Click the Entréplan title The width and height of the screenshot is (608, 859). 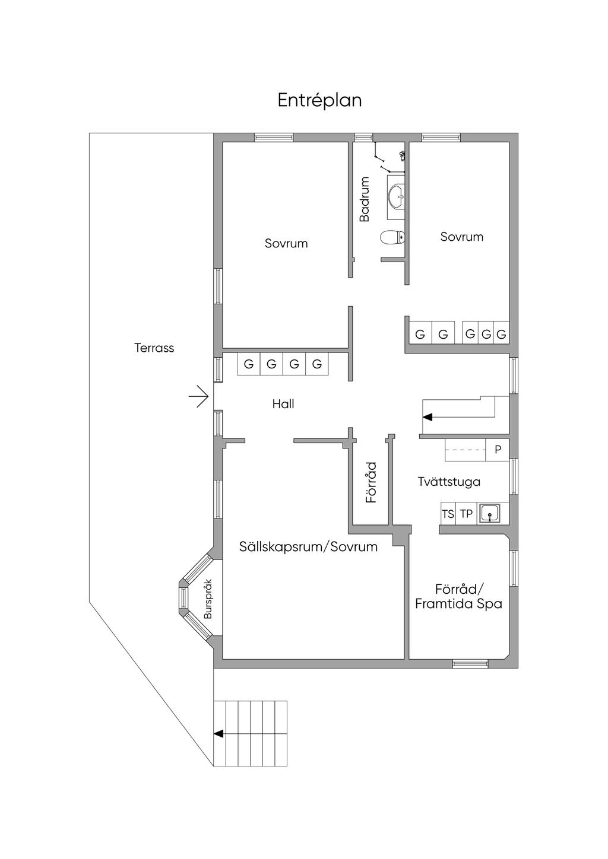(x=319, y=100)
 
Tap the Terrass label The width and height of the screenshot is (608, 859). (x=154, y=348)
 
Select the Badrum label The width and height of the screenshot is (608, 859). (x=365, y=199)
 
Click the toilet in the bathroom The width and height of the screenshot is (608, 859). (x=392, y=237)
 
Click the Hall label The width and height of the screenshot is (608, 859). (x=283, y=404)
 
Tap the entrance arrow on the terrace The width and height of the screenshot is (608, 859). (x=199, y=396)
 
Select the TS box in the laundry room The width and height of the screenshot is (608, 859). (x=448, y=514)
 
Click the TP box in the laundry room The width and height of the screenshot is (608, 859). (x=467, y=514)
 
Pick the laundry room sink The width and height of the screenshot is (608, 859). (x=490, y=513)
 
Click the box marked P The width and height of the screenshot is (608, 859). (x=498, y=450)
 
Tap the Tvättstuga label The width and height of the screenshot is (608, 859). (x=449, y=482)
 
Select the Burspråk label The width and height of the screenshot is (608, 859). (x=208, y=599)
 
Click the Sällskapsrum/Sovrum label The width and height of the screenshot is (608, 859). (x=308, y=547)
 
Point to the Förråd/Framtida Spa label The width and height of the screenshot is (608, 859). (x=458, y=597)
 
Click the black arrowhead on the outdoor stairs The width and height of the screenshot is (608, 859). (x=218, y=734)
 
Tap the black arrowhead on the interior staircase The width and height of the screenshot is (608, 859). (x=427, y=417)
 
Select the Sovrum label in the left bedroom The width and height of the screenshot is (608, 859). (x=286, y=243)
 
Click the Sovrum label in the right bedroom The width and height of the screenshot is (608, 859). (x=461, y=237)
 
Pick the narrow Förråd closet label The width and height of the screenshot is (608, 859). (x=371, y=482)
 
